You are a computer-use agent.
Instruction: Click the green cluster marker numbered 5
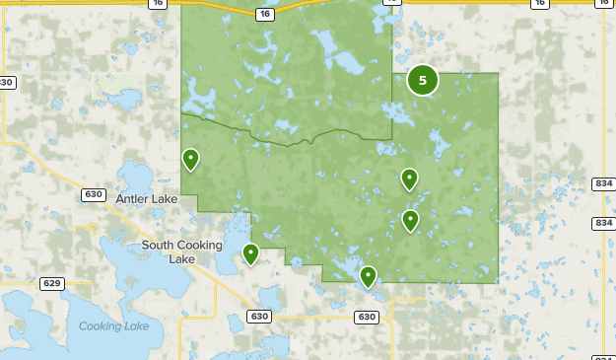pyautogui.click(x=423, y=81)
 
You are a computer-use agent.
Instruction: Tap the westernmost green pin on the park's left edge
pyautogui.click(x=190, y=158)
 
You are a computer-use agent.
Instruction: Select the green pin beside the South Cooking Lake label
pyautogui.click(x=251, y=253)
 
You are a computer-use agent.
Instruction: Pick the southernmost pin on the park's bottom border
pyautogui.click(x=368, y=276)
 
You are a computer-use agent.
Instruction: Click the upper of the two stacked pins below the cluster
pyautogui.click(x=409, y=179)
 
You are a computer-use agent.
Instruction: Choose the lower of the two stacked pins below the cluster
pyautogui.click(x=410, y=220)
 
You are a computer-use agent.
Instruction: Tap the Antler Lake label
pyautogui.click(x=147, y=199)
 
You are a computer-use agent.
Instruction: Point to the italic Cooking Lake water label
pyautogui.click(x=113, y=326)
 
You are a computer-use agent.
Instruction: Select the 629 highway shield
pyautogui.click(x=52, y=283)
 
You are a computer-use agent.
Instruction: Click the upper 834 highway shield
pyautogui.click(x=603, y=184)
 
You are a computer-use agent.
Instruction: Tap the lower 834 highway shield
pyautogui.click(x=603, y=223)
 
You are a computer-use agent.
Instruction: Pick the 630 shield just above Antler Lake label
pyautogui.click(x=94, y=194)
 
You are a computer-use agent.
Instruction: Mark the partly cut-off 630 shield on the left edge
pyautogui.click(x=7, y=83)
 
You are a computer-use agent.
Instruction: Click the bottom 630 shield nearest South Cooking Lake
pyautogui.click(x=259, y=317)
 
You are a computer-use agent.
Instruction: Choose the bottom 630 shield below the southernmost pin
pyautogui.click(x=367, y=317)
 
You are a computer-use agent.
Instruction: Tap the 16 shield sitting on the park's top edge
pyautogui.click(x=264, y=14)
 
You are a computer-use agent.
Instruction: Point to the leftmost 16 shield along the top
pyautogui.click(x=158, y=4)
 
